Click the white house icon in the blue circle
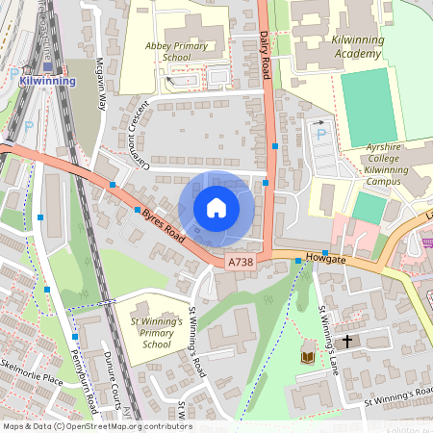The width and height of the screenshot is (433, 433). (216, 208)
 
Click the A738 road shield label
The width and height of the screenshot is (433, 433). (241, 262)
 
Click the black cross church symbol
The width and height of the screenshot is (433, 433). (347, 341)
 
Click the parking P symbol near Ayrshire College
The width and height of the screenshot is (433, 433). (320, 133)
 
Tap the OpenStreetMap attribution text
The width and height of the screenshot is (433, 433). (96, 426)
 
